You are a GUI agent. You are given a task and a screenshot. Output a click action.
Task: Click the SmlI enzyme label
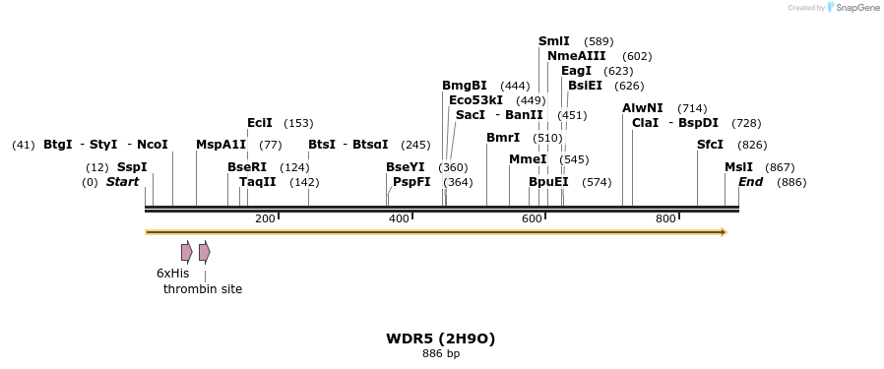coord(554,41)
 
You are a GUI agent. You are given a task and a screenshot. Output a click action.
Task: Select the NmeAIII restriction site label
coord(577,56)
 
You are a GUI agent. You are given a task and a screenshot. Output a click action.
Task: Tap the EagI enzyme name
coord(576,71)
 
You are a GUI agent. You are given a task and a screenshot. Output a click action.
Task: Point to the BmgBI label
coord(465,86)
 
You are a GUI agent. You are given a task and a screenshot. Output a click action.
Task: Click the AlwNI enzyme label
coord(643,108)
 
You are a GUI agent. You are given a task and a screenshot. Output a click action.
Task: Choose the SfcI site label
coord(710,145)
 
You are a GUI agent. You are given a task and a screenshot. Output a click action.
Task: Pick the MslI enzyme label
coord(738,167)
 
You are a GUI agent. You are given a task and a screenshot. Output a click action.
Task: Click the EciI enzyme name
coord(260,123)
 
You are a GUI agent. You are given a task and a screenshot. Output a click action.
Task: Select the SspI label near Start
coord(132,167)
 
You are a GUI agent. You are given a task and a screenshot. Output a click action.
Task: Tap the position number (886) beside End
coord(791,182)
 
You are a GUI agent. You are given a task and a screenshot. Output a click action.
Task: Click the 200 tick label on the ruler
coord(265,218)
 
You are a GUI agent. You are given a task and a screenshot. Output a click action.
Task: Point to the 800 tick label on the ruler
coord(665,218)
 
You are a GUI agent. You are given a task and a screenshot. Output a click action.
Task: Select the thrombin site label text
coord(203,289)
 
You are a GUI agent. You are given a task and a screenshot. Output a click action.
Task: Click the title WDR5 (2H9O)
coord(441,338)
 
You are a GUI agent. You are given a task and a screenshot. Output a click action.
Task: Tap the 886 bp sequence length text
coord(441,353)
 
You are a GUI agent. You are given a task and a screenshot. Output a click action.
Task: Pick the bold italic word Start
coord(123,182)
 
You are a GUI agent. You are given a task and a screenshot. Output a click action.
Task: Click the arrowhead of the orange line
coord(724,232)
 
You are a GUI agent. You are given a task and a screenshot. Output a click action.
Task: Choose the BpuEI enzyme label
coord(548,182)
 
